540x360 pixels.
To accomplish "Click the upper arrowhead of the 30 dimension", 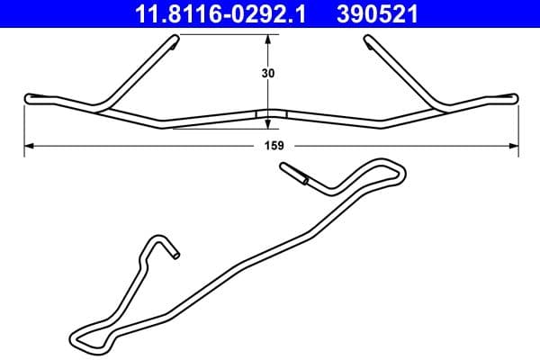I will [268, 39].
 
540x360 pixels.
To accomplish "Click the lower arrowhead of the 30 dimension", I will [268, 123].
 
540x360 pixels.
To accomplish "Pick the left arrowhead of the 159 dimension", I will [28, 144].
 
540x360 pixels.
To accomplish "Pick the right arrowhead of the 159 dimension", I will [514, 144].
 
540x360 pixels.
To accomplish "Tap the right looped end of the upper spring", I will [511, 96].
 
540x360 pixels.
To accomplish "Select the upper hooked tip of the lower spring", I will [286, 166].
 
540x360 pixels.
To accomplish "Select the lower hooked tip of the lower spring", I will [175, 255].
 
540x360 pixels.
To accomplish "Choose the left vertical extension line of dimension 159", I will [24, 126].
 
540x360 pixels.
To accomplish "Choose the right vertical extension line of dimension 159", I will [517, 126].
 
